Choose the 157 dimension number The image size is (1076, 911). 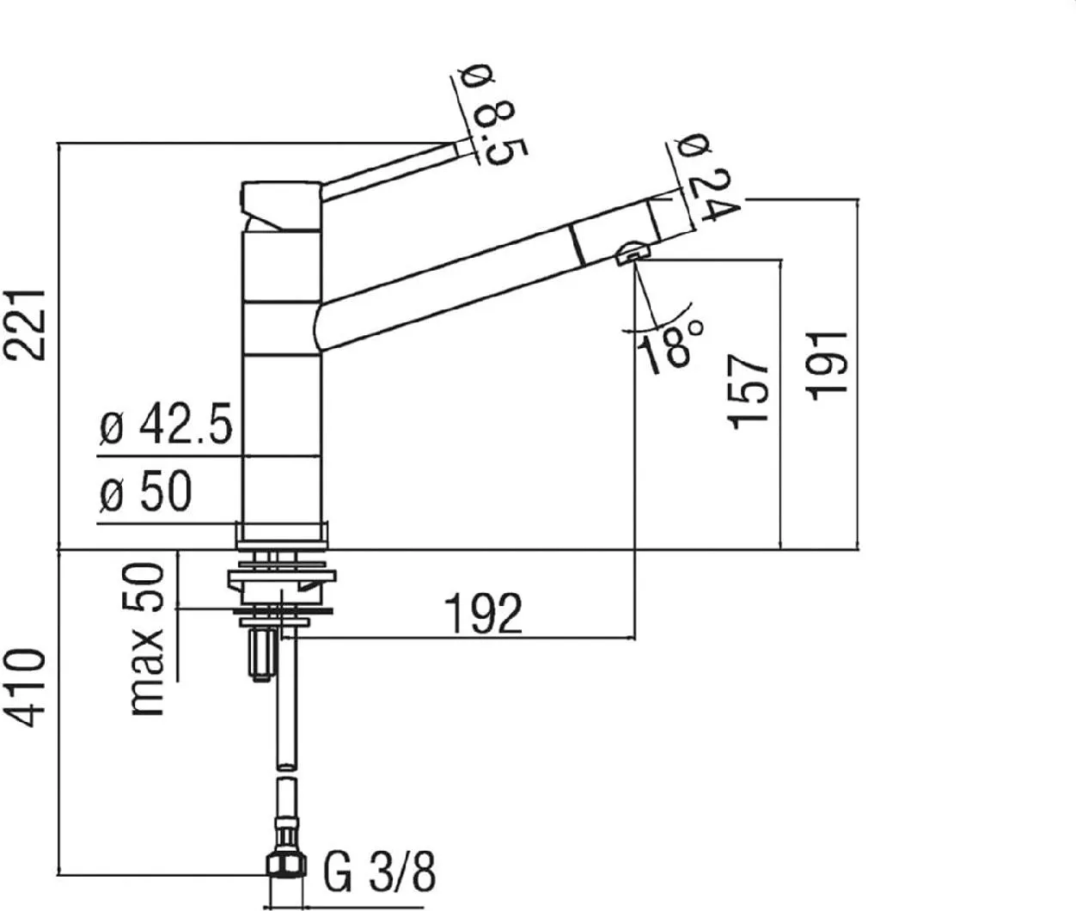click(x=748, y=393)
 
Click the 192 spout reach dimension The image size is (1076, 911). click(x=484, y=614)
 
